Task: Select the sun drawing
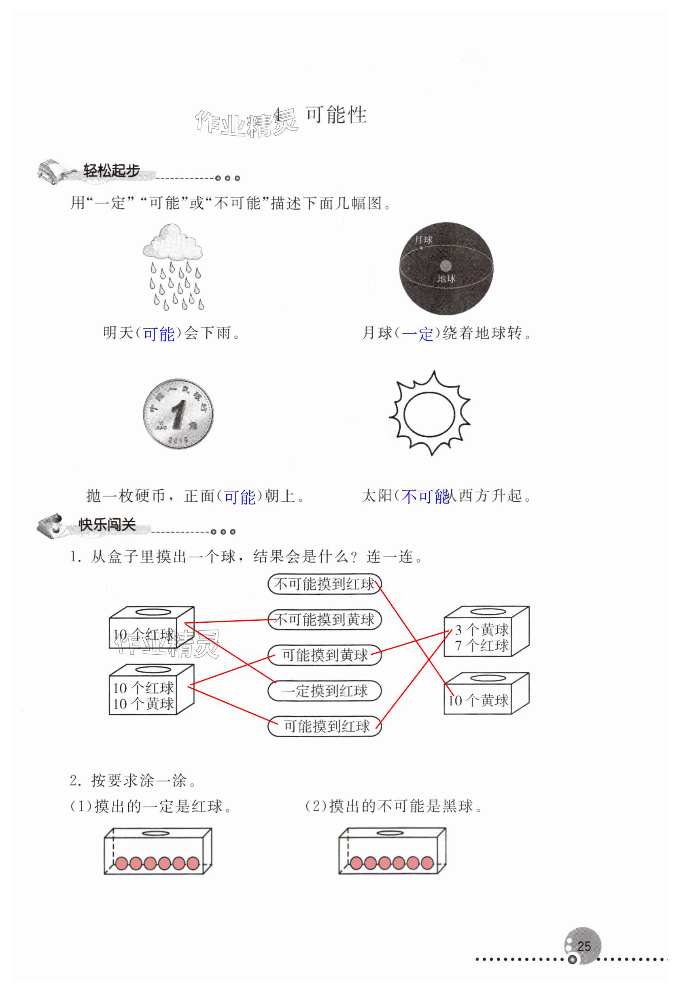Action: coord(429,413)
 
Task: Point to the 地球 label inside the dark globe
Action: coord(446,279)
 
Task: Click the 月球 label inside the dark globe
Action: coord(423,239)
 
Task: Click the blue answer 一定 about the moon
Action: coord(418,333)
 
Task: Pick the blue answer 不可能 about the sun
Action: coord(425,496)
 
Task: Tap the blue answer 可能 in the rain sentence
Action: coord(159,333)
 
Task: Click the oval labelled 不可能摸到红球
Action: coord(324,584)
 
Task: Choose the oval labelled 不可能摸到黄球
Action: coord(324,619)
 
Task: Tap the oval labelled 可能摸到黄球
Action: coord(324,655)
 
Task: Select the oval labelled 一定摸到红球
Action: coord(324,690)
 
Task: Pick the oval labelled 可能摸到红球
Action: coord(324,726)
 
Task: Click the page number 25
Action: coord(584,946)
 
